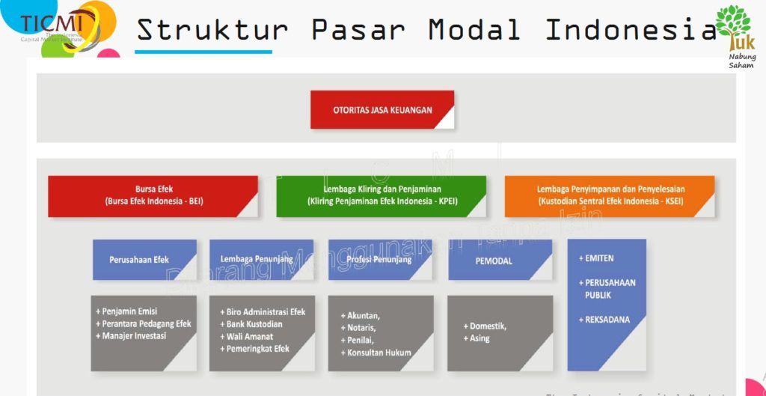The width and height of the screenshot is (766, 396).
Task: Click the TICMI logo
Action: [56, 27]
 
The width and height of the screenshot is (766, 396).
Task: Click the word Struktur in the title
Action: [212, 30]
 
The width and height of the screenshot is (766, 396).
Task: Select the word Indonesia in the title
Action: [631, 30]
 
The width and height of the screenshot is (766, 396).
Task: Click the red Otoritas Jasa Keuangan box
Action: [382, 110]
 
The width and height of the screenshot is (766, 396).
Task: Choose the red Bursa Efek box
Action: [153, 196]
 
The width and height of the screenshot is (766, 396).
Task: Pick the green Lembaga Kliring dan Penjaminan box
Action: [382, 196]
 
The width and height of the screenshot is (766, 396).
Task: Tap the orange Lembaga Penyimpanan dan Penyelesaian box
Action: [610, 196]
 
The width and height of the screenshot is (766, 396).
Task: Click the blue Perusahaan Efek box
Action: [144, 260]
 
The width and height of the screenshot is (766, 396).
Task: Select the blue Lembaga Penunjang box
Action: [261, 260]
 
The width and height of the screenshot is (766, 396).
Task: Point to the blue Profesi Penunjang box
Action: [380, 260]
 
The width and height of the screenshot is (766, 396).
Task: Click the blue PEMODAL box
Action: [500, 260]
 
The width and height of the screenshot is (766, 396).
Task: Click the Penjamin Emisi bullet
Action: [126, 311]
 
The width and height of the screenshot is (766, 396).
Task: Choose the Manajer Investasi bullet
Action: [131, 336]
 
